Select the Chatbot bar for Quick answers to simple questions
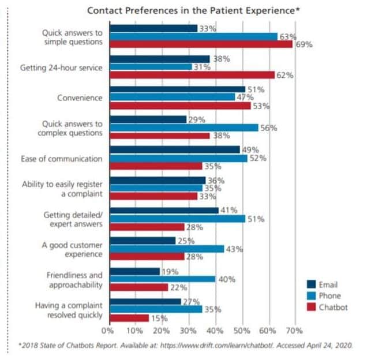[x=201, y=44]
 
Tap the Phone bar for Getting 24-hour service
[x=151, y=67]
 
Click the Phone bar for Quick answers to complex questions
[x=184, y=128]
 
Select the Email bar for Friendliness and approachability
[x=134, y=271]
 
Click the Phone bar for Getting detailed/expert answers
[x=177, y=219]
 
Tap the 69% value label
[x=303, y=44]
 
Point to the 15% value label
[x=159, y=318]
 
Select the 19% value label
[x=170, y=271]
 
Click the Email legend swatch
[x=311, y=284]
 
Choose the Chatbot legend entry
[x=333, y=307]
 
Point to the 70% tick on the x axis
[x=294, y=331]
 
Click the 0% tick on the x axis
[x=108, y=331]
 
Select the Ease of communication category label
[x=62, y=159]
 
